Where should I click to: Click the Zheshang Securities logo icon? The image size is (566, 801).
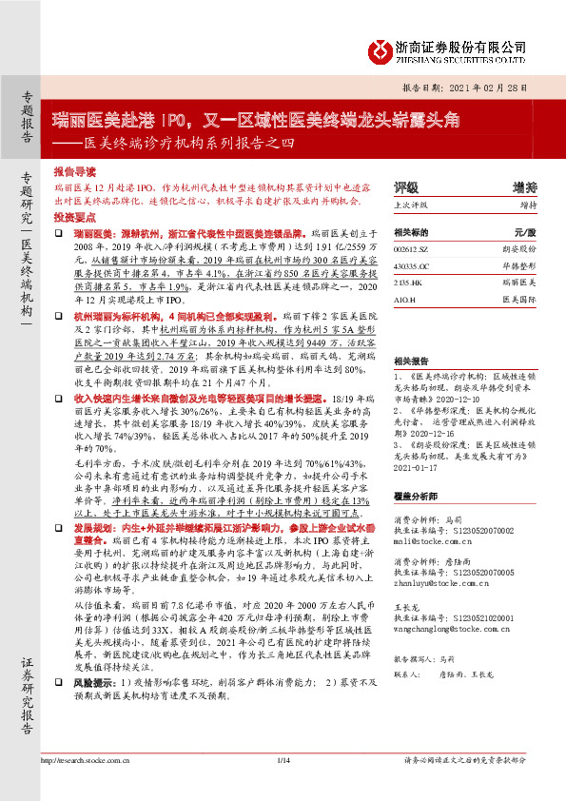pyautogui.click(x=378, y=48)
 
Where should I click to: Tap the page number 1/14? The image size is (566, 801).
pyautogui.click(x=283, y=787)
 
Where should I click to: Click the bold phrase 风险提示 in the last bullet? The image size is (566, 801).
pyautogui.click(x=94, y=735)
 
